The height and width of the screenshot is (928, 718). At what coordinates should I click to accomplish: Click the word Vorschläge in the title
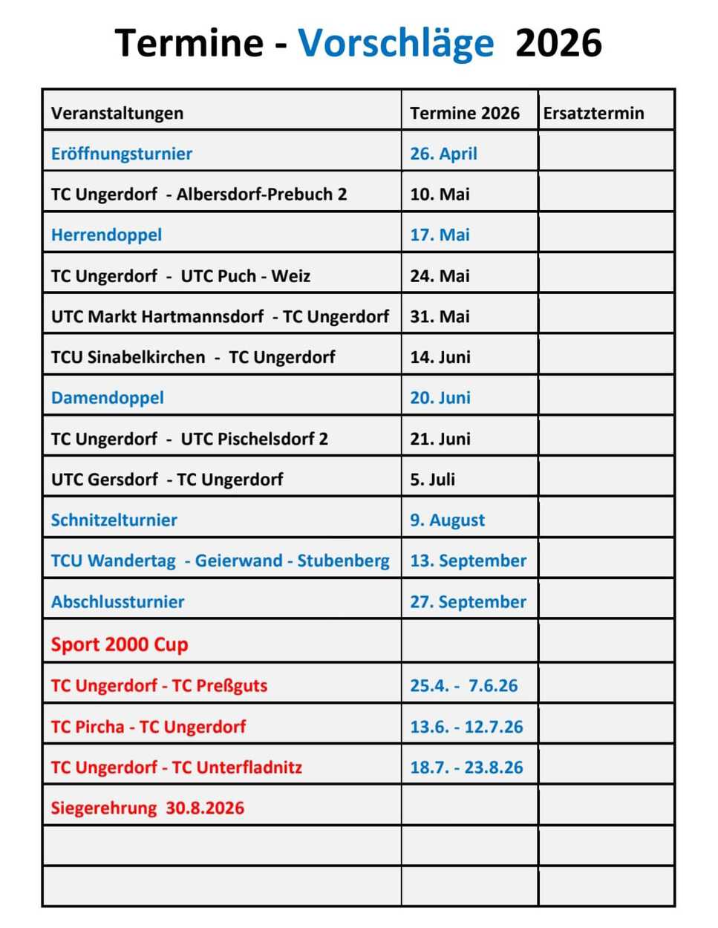click(395, 43)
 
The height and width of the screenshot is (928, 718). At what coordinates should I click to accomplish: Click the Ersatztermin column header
click(593, 113)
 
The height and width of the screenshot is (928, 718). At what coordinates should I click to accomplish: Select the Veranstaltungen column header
click(117, 113)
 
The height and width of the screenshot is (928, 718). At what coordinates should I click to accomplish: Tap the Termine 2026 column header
click(465, 113)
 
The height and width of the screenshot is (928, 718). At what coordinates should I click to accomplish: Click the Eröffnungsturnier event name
click(122, 154)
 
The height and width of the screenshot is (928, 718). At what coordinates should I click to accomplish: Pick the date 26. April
click(443, 154)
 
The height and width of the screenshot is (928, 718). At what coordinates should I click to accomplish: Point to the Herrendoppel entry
click(106, 235)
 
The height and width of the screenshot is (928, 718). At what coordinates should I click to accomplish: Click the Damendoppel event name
click(108, 397)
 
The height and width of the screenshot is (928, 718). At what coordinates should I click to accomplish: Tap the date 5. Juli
click(432, 479)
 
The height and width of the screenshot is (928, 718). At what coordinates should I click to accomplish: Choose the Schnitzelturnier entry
click(114, 520)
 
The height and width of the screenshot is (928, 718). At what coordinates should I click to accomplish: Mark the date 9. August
click(447, 520)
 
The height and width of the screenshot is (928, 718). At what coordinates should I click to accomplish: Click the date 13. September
click(468, 561)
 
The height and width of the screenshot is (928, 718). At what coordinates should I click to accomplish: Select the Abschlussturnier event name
click(118, 601)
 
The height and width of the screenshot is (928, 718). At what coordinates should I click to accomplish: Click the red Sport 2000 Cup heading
click(120, 644)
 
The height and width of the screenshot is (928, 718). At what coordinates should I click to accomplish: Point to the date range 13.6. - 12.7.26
click(466, 726)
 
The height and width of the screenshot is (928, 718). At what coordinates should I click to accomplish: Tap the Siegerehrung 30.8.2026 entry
click(148, 808)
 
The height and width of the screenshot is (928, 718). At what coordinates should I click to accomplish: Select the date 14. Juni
click(440, 357)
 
